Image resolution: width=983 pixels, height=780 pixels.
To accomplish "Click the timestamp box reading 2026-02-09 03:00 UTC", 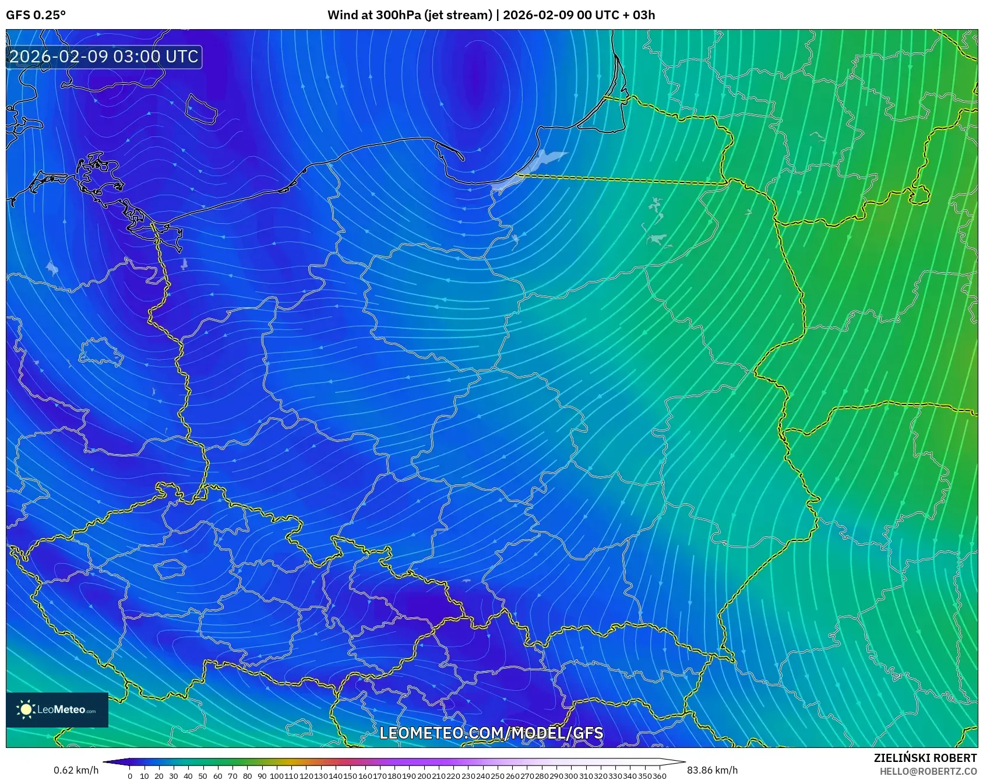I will pyautogui.click(x=104, y=57).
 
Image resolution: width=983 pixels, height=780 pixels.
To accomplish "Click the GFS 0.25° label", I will pyautogui.click(x=36, y=15).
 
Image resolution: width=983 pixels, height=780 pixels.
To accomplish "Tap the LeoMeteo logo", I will pyautogui.click(x=57, y=709).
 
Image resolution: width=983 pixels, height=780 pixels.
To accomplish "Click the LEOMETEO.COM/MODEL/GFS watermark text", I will pyautogui.click(x=491, y=733).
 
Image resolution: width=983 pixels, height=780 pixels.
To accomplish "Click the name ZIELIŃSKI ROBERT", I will pyautogui.click(x=925, y=758).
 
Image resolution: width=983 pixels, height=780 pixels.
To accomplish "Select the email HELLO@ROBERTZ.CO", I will pyautogui.click(x=928, y=771).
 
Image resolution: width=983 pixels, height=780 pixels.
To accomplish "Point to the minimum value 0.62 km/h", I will pyautogui.click(x=76, y=770).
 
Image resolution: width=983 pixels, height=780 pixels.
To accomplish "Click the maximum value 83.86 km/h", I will pyautogui.click(x=712, y=770).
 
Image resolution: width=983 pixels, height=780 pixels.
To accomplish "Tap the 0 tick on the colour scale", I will pyautogui.click(x=130, y=776).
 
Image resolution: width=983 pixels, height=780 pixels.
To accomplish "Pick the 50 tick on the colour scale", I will pyautogui.click(x=203, y=776).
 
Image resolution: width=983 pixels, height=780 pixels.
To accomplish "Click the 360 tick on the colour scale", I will pyautogui.click(x=659, y=776).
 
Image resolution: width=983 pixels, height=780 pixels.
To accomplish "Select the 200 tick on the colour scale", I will pyautogui.click(x=424, y=776).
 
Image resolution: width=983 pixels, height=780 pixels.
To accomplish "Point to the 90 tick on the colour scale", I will pyautogui.click(x=262, y=776).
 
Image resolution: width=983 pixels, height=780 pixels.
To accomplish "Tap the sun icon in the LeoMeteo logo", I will pyautogui.click(x=26, y=709).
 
